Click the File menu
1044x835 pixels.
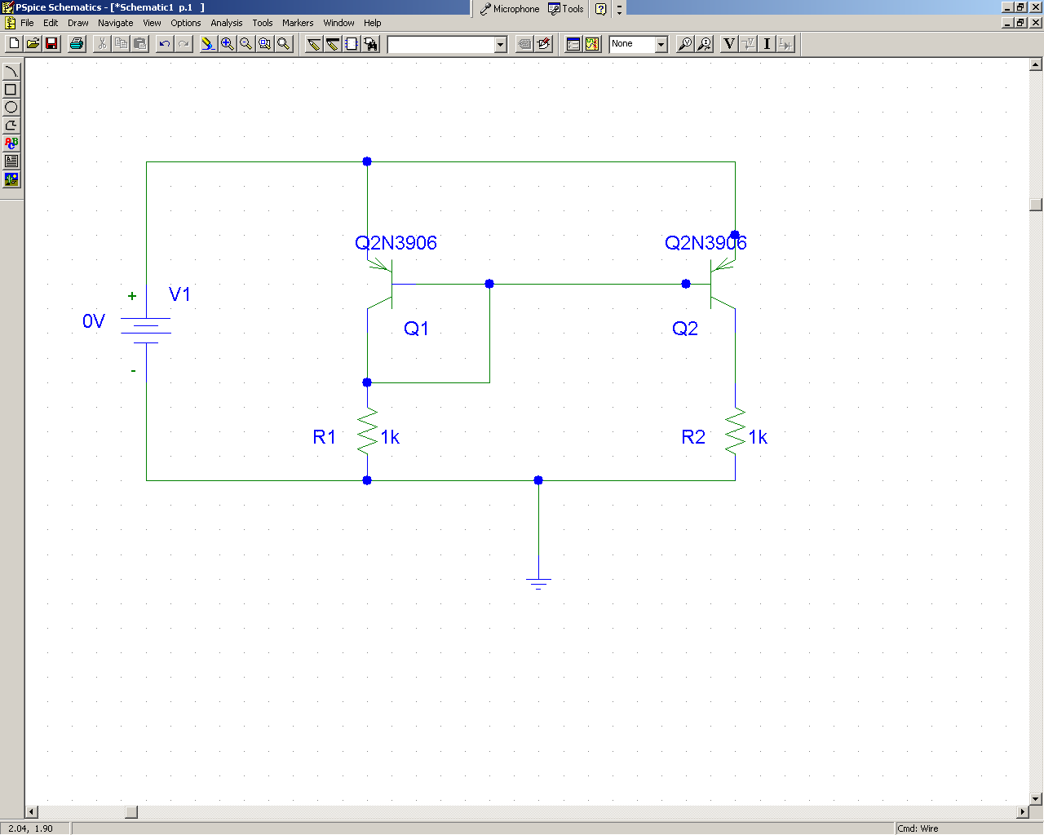pos(27,23)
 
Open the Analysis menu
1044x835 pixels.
pos(226,23)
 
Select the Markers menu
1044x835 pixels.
pos(298,23)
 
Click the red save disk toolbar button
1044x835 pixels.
pos(51,44)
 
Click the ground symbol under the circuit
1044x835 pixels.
pos(538,583)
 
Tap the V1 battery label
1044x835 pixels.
pos(179,294)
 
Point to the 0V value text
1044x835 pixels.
pos(94,320)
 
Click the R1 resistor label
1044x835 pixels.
pos(324,437)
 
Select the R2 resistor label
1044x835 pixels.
pos(692,437)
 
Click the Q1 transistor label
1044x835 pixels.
pos(416,329)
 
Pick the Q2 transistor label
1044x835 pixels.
pos(684,329)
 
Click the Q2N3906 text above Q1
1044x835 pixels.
pos(396,243)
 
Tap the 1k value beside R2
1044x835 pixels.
pos(757,437)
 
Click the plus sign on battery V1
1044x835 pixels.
pos(132,296)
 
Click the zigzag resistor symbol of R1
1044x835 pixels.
pos(367,431)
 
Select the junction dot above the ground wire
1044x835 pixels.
pos(538,480)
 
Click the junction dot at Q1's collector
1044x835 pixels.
pos(367,382)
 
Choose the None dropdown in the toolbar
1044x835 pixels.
pos(638,44)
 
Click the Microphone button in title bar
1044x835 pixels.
pos(510,9)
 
